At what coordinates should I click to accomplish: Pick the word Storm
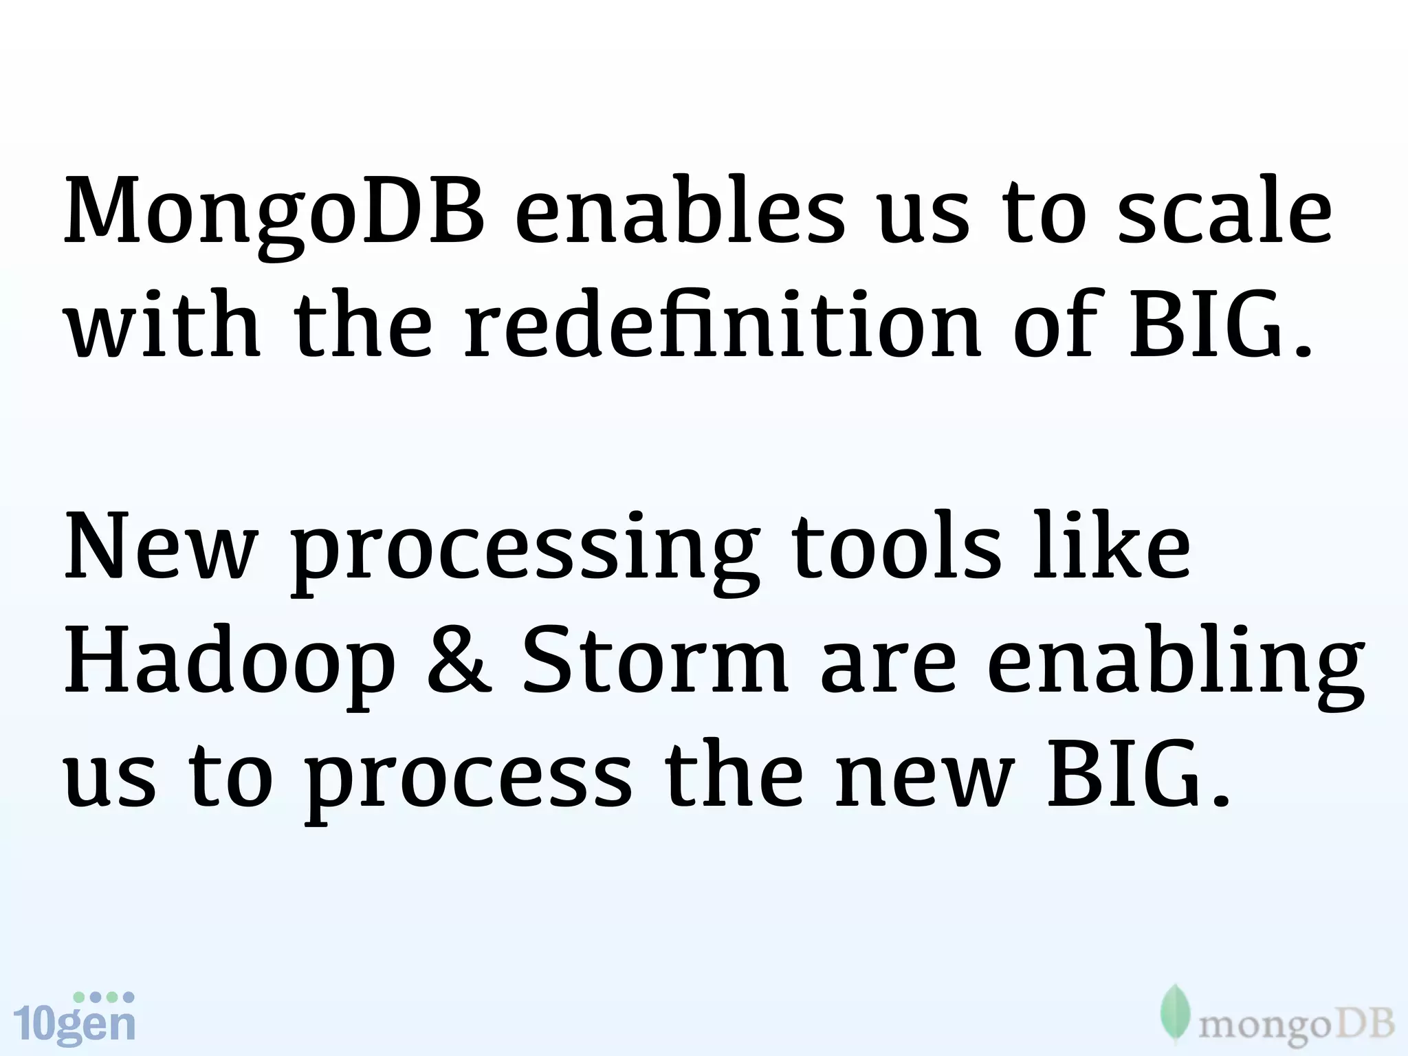(x=654, y=661)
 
